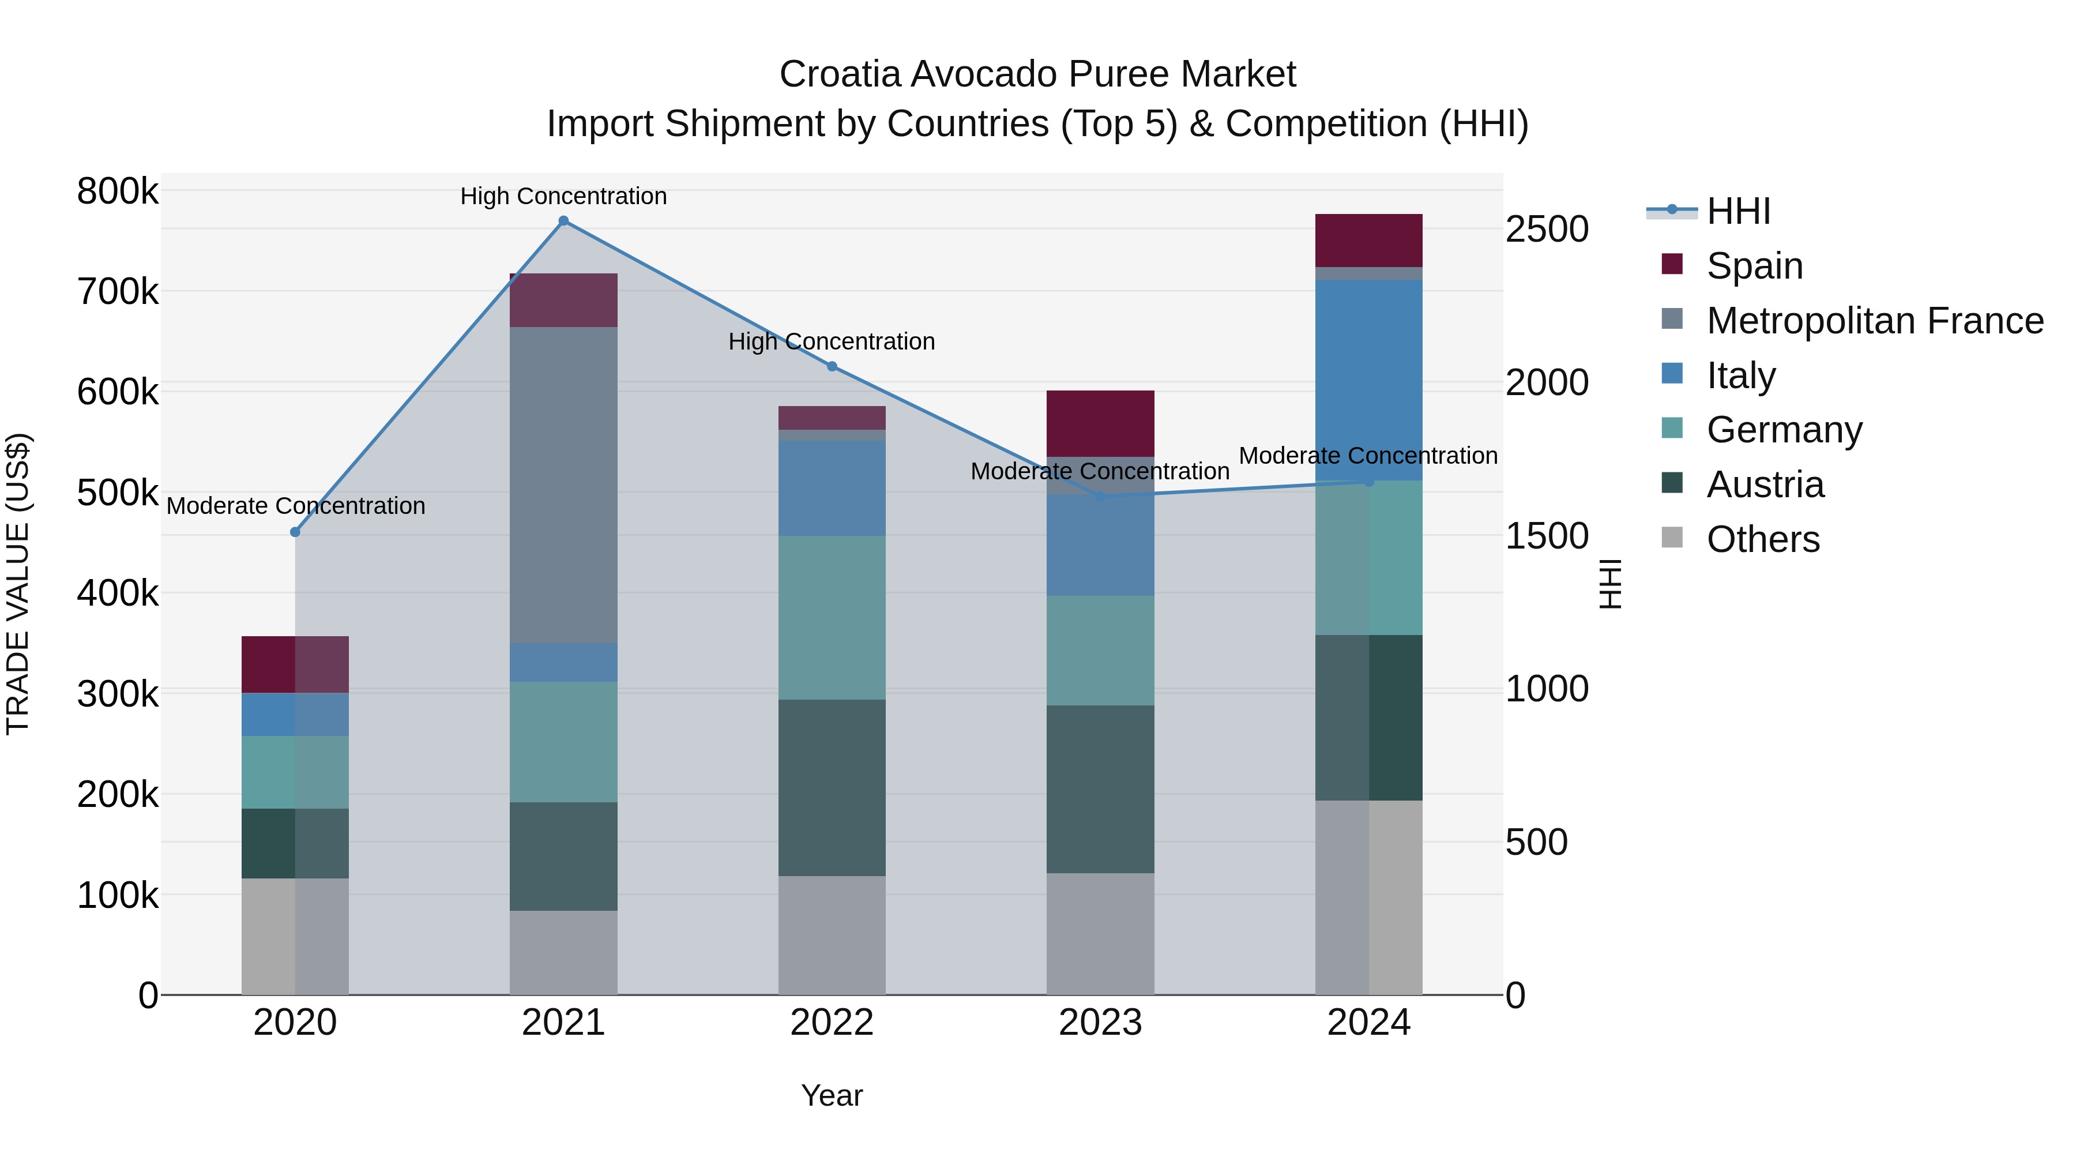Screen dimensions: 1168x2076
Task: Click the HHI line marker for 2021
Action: coord(563,221)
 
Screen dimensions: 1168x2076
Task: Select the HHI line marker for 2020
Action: coord(295,532)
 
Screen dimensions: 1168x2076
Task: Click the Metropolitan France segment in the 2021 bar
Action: coord(563,484)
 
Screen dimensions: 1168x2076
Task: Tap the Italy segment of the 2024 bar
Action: coord(1368,379)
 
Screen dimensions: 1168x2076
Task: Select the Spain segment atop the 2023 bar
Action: coord(1100,423)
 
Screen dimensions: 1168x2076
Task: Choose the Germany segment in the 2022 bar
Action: coord(832,617)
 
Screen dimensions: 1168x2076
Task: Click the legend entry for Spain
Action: coord(1754,266)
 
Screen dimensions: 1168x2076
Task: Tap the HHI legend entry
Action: coord(1737,211)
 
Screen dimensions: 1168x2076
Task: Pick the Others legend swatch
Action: coord(1672,538)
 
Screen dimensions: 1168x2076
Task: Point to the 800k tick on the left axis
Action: coord(118,192)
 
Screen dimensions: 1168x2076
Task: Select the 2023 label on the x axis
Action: coord(1100,1023)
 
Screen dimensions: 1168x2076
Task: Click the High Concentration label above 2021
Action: coord(563,196)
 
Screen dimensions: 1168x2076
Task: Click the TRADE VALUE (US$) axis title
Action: coord(18,584)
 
